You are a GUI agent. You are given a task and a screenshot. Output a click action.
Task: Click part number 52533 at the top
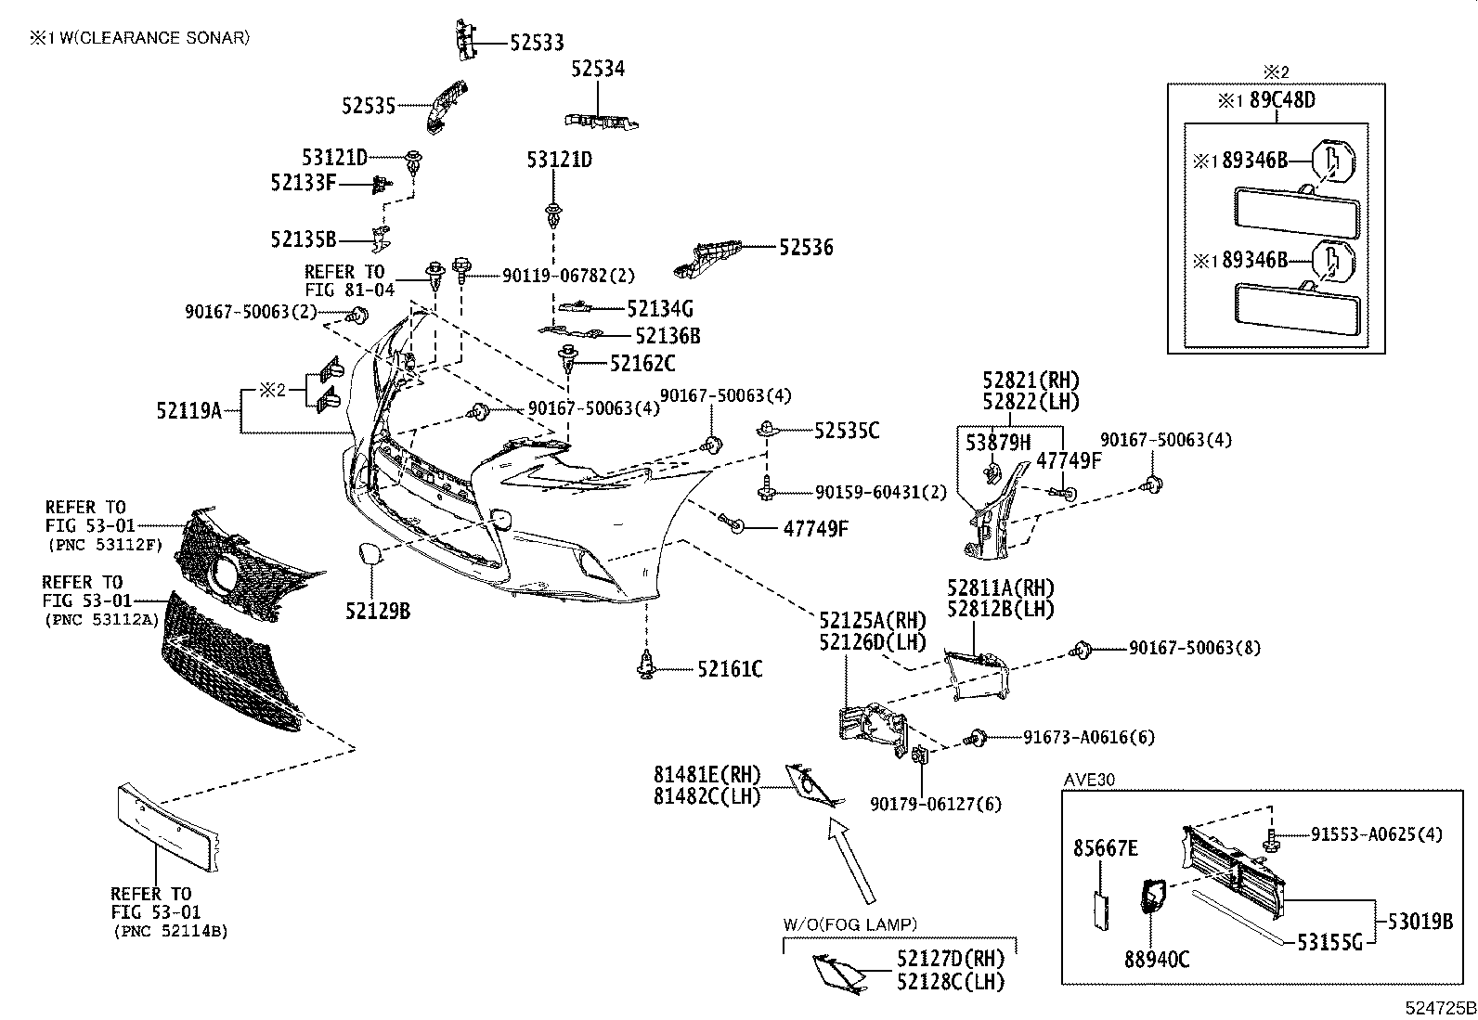pos(538,43)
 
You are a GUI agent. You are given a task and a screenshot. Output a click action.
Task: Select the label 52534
pos(598,69)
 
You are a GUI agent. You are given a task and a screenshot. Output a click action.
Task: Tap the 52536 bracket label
pos(806,248)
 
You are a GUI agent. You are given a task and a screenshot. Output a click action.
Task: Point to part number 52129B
pos(378,612)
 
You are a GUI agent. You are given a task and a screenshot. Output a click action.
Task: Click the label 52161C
pos(731,670)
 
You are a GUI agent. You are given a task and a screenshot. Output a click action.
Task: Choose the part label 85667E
pos(1106,847)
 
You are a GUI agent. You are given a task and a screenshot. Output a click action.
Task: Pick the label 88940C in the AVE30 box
pos(1158,960)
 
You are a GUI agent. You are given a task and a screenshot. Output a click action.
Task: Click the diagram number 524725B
pos(1441,1008)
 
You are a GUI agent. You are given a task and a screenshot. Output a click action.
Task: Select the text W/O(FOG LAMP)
pos(850,924)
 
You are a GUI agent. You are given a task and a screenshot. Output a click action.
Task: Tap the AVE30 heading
pos(1089,780)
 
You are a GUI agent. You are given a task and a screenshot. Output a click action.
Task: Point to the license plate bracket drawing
pos(168,829)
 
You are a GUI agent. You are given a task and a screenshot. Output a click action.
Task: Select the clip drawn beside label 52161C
pos(646,665)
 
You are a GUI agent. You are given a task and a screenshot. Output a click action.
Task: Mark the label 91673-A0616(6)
pos(1089,737)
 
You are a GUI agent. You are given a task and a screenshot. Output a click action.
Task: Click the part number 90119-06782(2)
pos(569,275)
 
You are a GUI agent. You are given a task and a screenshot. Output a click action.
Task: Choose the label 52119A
pos(189,411)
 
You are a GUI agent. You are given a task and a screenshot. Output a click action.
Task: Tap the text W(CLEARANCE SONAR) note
pos(155,38)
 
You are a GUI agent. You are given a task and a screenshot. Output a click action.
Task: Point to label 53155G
pos(1329,942)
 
